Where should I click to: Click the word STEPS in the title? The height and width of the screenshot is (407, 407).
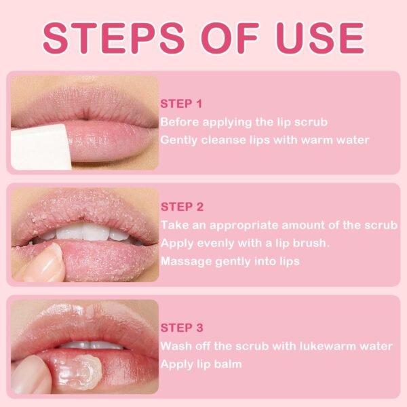[x=113, y=38]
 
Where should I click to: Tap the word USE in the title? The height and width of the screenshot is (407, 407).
[x=319, y=38]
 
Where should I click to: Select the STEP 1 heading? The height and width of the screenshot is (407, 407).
[x=181, y=104]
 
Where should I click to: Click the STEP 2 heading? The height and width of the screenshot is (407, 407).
[x=182, y=207]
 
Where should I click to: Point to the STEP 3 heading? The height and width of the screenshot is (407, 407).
[x=182, y=328]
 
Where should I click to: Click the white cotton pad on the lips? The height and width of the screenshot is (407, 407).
[x=40, y=147]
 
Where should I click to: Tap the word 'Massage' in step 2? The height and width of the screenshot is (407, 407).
[x=187, y=261]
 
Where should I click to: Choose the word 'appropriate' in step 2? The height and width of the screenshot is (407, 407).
[x=244, y=226]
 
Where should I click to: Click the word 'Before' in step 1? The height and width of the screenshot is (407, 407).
[x=180, y=122]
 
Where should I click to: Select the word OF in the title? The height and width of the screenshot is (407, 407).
[x=231, y=38]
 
